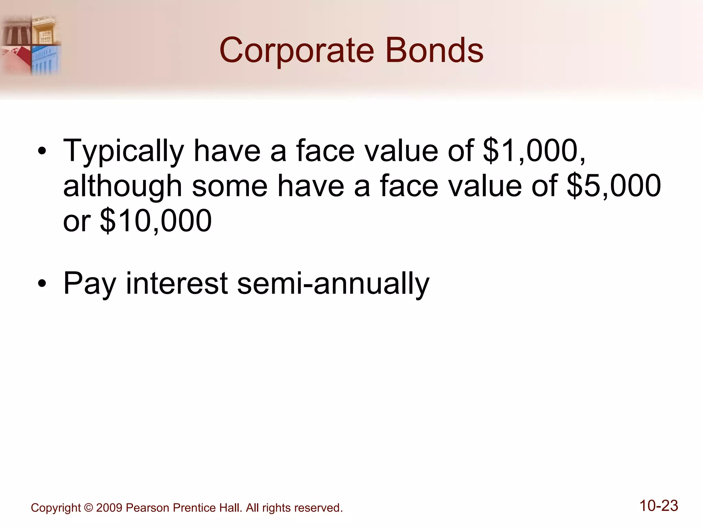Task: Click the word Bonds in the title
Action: click(434, 51)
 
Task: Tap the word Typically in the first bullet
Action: click(124, 151)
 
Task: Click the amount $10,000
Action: click(156, 221)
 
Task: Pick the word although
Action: click(123, 186)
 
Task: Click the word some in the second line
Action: click(230, 186)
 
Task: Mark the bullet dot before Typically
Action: click(42, 152)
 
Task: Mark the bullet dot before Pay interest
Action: click(42, 284)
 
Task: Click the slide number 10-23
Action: click(659, 506)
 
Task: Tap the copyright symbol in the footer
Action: click(88, 508)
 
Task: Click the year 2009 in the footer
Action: click(109, 508)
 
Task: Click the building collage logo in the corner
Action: click(31, 45)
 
